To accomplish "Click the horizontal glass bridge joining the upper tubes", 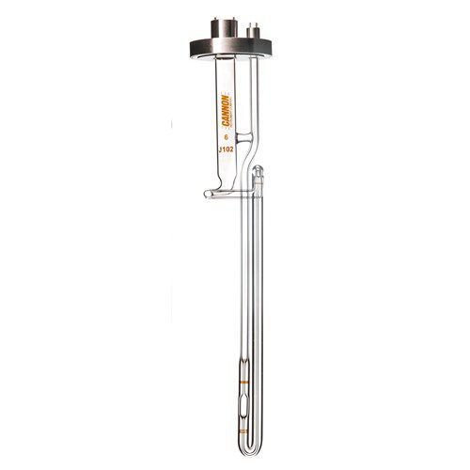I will tap(243, 140).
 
